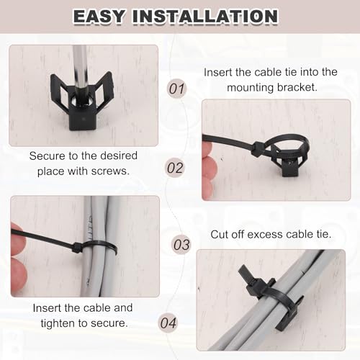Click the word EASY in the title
pos(99,17)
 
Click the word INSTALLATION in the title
pos(205,17)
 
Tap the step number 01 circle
pos(176,89)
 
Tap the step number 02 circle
pos(175,168)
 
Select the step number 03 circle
pos(181,245)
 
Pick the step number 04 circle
pos(168,323)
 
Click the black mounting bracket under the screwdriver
pos(82,102)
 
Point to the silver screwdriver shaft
pos(81,71)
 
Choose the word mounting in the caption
pos(250,88)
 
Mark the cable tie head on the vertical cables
pos(78,248)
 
